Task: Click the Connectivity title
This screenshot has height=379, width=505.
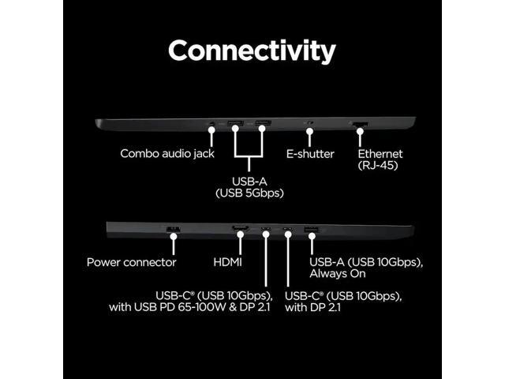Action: tap(252, 51)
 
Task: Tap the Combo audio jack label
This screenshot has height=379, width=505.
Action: tap(166, 153)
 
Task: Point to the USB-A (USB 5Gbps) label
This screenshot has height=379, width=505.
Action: tap(249, 186)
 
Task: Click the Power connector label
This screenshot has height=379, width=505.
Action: tap(132, 261)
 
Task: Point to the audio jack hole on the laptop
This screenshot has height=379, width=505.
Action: tap(211, 124)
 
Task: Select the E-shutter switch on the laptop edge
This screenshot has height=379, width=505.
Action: tap(309, 124)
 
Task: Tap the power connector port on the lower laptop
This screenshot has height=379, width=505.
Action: tap(174, 230)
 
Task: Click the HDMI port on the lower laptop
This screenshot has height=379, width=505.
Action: tap(240, 230)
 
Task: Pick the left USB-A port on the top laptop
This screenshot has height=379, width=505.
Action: tap(234, 124)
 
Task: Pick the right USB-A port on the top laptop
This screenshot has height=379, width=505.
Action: tap(263, 124)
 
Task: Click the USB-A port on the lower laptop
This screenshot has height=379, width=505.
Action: tap(309, 230)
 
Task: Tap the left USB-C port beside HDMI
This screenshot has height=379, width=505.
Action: tap(266, 230)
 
